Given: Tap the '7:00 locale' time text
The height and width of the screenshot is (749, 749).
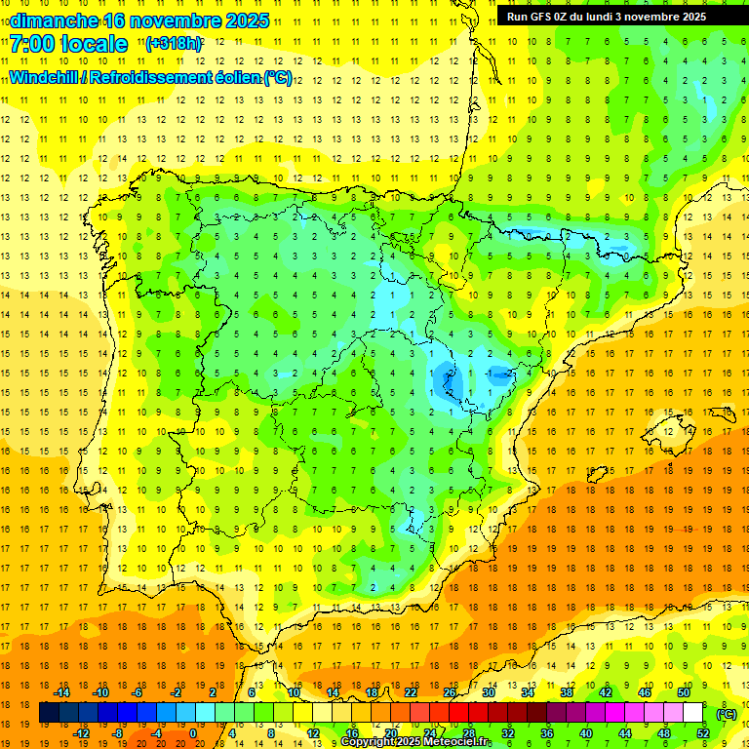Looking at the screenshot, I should pos(68,45).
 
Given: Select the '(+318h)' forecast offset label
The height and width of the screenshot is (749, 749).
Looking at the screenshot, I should pos(175,44).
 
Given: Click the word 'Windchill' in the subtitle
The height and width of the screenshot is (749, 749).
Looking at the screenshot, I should pos(44,77).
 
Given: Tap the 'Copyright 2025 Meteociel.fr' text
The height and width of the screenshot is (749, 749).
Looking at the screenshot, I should pos(415,742).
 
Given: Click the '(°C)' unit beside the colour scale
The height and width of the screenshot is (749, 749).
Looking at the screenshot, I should pos(727,714).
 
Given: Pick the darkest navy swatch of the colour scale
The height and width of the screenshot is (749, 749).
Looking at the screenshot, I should pos(49,713).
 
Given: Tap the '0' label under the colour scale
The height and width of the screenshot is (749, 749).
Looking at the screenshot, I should pos(193,733).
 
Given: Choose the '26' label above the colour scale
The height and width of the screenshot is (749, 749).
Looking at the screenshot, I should pos(450,692).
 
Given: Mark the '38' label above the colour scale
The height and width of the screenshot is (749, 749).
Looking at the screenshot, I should pos(567,692).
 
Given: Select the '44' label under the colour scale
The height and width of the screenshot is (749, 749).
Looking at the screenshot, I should pos(624,733).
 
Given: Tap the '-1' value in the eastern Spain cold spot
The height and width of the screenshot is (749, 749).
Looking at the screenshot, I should pos(488,373).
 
